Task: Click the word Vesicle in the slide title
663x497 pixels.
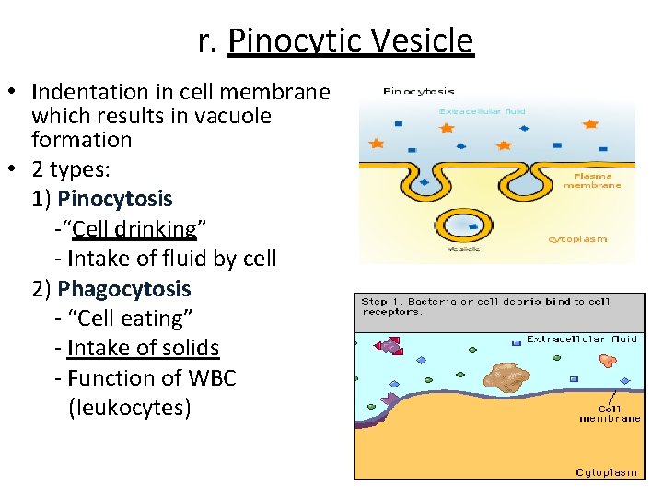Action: [423, 40]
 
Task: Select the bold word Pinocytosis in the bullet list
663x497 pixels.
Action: [114, 199]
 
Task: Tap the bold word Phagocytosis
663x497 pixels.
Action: [123, 289]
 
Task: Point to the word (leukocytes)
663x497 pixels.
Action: [130, 408]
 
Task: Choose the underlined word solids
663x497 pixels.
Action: [189, 348]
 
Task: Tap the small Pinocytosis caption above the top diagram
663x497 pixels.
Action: [418, 92]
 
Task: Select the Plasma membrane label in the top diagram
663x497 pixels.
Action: [598, 179]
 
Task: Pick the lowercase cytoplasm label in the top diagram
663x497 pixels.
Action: [577, 239]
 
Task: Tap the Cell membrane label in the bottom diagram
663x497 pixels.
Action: [610, 413]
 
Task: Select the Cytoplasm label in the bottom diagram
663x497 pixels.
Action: [606, 472]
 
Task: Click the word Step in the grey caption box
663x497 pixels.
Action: [374, 301]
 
